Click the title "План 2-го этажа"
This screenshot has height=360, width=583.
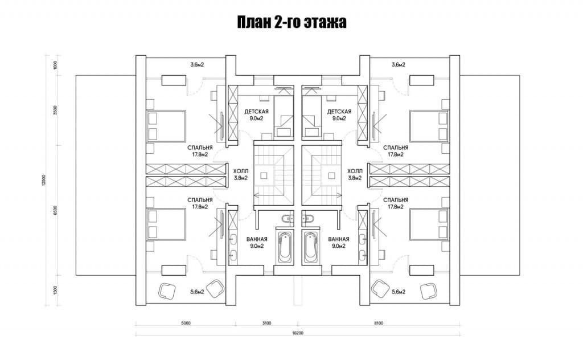pyautogui.click(x=292, y=22)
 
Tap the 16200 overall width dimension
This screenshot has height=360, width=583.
pyautogui.click(x=298, y=333)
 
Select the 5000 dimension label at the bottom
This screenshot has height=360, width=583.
pyautogui.click(x=186, y=323)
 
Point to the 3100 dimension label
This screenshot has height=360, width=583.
pyautogui.click(x=266, y=323)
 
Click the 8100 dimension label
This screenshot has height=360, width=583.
pyautogui.click(x=378, y=323)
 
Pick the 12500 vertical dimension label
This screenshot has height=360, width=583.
pyautogui.click(x=44, y=181)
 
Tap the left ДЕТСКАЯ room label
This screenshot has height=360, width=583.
pyautogui.click(x=256, y=112)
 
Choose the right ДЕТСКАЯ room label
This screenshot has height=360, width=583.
pyautogui.click(x=339, y=112)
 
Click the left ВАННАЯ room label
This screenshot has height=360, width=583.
pyautogui.click(x=257, y=239)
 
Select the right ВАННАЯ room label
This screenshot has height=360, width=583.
pyautogui.click(x=338, y=239)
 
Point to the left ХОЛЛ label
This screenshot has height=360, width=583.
pyautogui.click(x=241, y=171)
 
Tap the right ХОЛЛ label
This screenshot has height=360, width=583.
pyautogui.click(x=355, y=171)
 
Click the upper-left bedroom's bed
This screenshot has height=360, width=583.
pyautogui.click(x=166, y=126)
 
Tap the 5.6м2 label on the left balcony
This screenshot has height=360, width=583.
pyautogui.click(x=197, y=292)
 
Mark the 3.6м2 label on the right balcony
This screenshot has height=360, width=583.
pyautogui.click(x=398, y=65)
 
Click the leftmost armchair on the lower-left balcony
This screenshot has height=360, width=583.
pyautogui.click(x=167, y=290)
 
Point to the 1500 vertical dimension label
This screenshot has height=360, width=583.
pyautogui.click(x=55, y=290)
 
